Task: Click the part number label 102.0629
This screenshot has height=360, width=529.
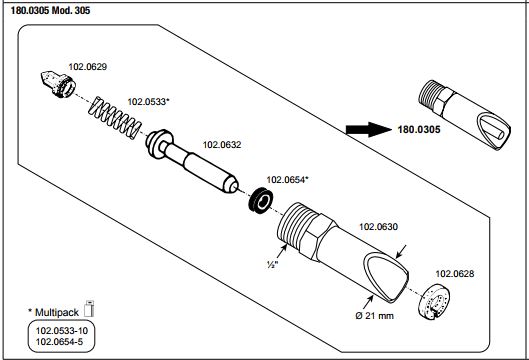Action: [x=88, y=67]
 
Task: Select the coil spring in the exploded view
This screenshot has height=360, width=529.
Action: [x=115, y=118]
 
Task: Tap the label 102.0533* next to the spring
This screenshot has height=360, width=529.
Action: [x=148, y=102]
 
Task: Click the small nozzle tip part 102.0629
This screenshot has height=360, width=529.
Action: [x=57, y=84]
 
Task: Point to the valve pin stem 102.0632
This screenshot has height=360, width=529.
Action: [x=192, y=161]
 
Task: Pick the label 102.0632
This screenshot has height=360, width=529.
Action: [x=222, y=145]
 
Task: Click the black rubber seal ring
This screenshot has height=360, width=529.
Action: [x=261, y=201]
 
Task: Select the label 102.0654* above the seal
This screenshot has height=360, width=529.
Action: [x=287, y=180]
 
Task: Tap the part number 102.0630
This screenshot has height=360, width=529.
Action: [x=378, y=227]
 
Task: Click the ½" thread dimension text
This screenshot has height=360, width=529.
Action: [x=272, y=265]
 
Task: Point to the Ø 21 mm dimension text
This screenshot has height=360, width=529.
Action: [x=374, y=316]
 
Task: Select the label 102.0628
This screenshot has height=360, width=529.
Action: [x=455, y=274]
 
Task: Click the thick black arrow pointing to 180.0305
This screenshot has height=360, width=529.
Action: [x=369, y=130]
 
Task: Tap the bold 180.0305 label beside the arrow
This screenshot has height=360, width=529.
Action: [x=419, y=130]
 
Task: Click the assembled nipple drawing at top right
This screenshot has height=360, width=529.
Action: [x=464, y=115]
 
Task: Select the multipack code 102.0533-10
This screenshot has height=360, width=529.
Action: [x=62, y=331]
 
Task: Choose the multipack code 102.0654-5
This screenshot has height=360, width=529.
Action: [x=59, y=342]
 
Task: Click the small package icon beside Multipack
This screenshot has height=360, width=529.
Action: [x=89, y=308]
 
